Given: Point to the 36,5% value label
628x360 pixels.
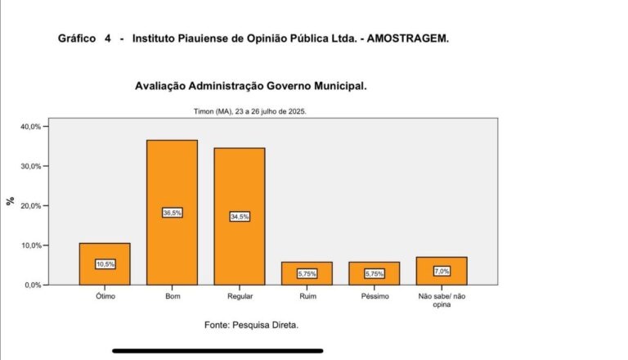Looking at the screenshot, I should click(172, 213).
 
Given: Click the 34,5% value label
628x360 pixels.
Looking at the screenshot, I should click(240, 217).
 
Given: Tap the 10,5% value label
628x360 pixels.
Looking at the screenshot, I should click(105, 264).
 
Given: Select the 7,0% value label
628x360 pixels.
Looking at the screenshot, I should click(442, 271).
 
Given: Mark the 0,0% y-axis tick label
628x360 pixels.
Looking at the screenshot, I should click(31, 285).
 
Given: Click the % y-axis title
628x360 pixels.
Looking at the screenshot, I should click(11, 201).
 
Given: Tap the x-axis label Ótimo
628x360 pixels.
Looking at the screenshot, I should click(105, 295).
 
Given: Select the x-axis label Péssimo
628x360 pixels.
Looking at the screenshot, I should click(375, 295).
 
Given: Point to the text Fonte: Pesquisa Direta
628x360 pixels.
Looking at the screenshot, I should click(251, 326).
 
